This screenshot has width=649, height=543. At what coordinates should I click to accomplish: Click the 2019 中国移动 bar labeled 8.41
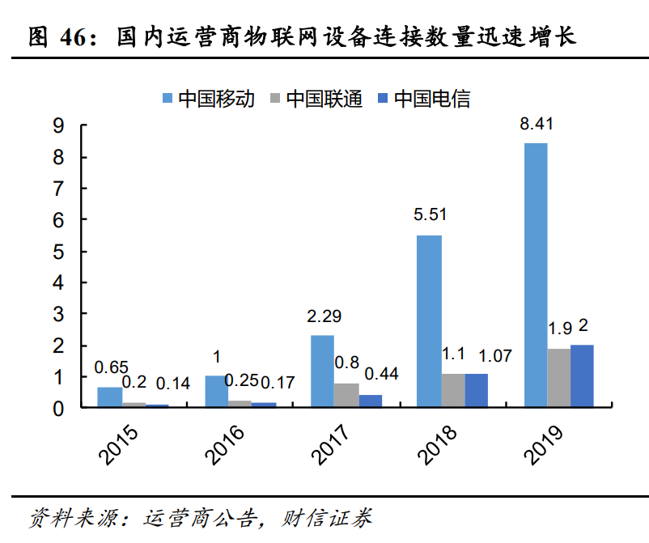click(536, 274)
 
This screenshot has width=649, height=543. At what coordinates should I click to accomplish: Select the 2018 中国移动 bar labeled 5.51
click(429, 320)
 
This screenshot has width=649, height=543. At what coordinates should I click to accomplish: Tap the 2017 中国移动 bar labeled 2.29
click(322, 371)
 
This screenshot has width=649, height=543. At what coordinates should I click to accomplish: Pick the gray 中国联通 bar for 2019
click(559, 377)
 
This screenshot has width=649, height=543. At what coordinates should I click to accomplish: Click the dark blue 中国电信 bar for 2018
click(476, 390)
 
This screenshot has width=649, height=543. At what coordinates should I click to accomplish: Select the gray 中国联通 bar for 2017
click(346, 395)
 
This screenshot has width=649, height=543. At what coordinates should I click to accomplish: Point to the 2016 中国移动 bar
click(216, 391)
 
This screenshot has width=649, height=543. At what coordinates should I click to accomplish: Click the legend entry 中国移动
click(208, 99)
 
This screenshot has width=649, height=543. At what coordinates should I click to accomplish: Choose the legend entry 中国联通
click(316, 99)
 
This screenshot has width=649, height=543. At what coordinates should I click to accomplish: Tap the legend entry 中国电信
click(423, 99)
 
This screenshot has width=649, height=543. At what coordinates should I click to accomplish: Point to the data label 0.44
click(381, 374)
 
